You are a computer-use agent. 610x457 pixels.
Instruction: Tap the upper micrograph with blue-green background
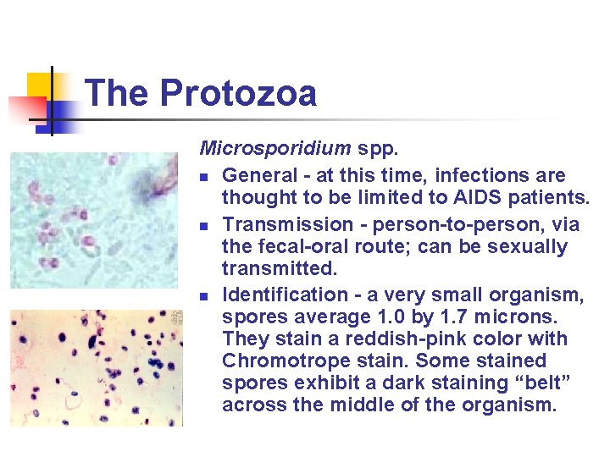(93, 220)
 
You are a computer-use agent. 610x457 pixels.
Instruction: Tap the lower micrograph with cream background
(93, 367)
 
